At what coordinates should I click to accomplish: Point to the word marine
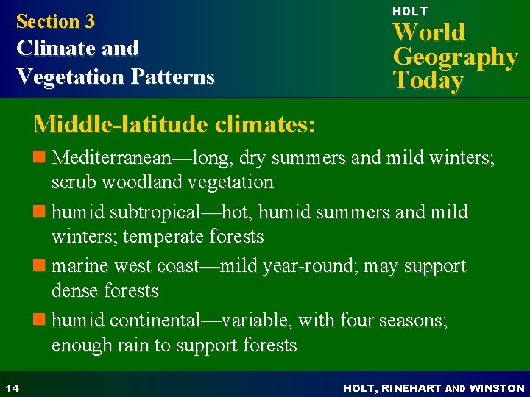[x=79, y=266]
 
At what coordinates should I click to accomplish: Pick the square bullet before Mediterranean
[x=40, y=157]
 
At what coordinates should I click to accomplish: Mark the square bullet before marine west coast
[x=40, y=266]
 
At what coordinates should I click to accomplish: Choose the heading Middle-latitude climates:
[x=174, y=124]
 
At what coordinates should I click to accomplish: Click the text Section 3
[x=55, y=21]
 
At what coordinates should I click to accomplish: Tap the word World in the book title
[x=428, y=32]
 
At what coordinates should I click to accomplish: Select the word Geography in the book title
[x=455, y=57]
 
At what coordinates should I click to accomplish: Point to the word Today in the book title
[x=428, y=80]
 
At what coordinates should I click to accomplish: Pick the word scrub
[x=73, y=182]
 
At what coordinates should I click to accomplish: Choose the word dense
[x=74, y=290]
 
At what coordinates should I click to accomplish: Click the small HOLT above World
[x=409, y=11]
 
